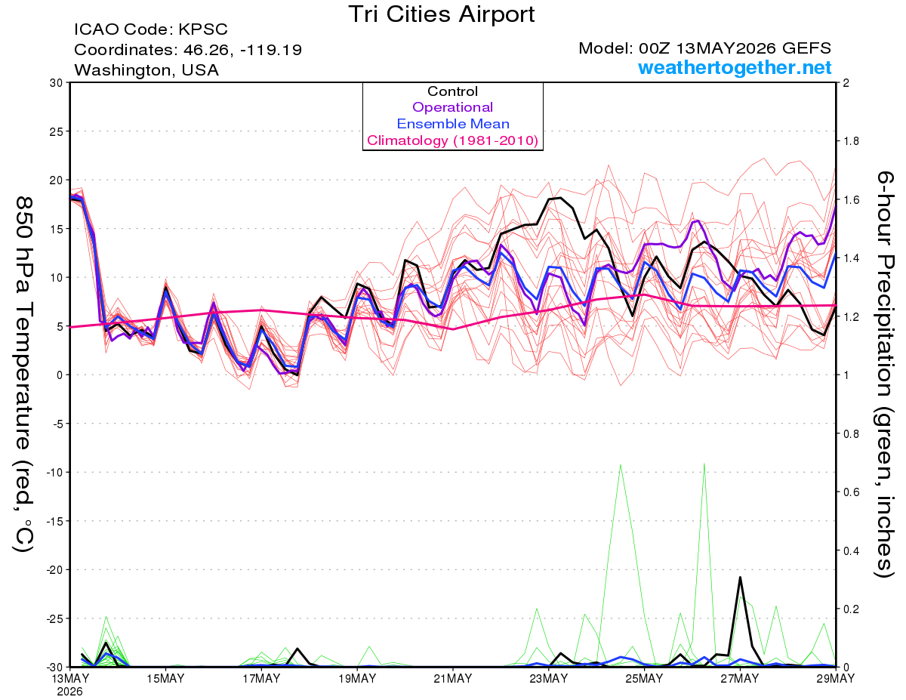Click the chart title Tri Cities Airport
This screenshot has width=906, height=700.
[441, 15]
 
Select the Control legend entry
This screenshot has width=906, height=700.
[452, 91]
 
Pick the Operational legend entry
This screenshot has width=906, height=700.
[452, 107]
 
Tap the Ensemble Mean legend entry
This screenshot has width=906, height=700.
[453, 124]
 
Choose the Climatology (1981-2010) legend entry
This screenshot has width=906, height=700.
[453, 140]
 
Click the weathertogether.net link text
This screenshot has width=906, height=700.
[735, 67]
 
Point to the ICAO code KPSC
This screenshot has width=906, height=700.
[203, 29]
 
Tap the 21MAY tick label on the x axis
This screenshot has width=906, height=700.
[453, 679]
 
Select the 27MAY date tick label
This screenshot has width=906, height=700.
[740, 679]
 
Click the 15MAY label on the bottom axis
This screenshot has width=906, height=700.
[165, 679]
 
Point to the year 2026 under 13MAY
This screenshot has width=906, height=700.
[69, 692]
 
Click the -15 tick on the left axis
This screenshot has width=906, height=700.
[54, 521]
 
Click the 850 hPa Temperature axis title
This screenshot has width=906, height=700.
[23, 375]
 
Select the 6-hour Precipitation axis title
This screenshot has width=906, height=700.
[884, 375]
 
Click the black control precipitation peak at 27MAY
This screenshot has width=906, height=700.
[740, 577]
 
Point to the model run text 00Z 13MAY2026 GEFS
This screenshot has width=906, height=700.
[735, 48]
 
